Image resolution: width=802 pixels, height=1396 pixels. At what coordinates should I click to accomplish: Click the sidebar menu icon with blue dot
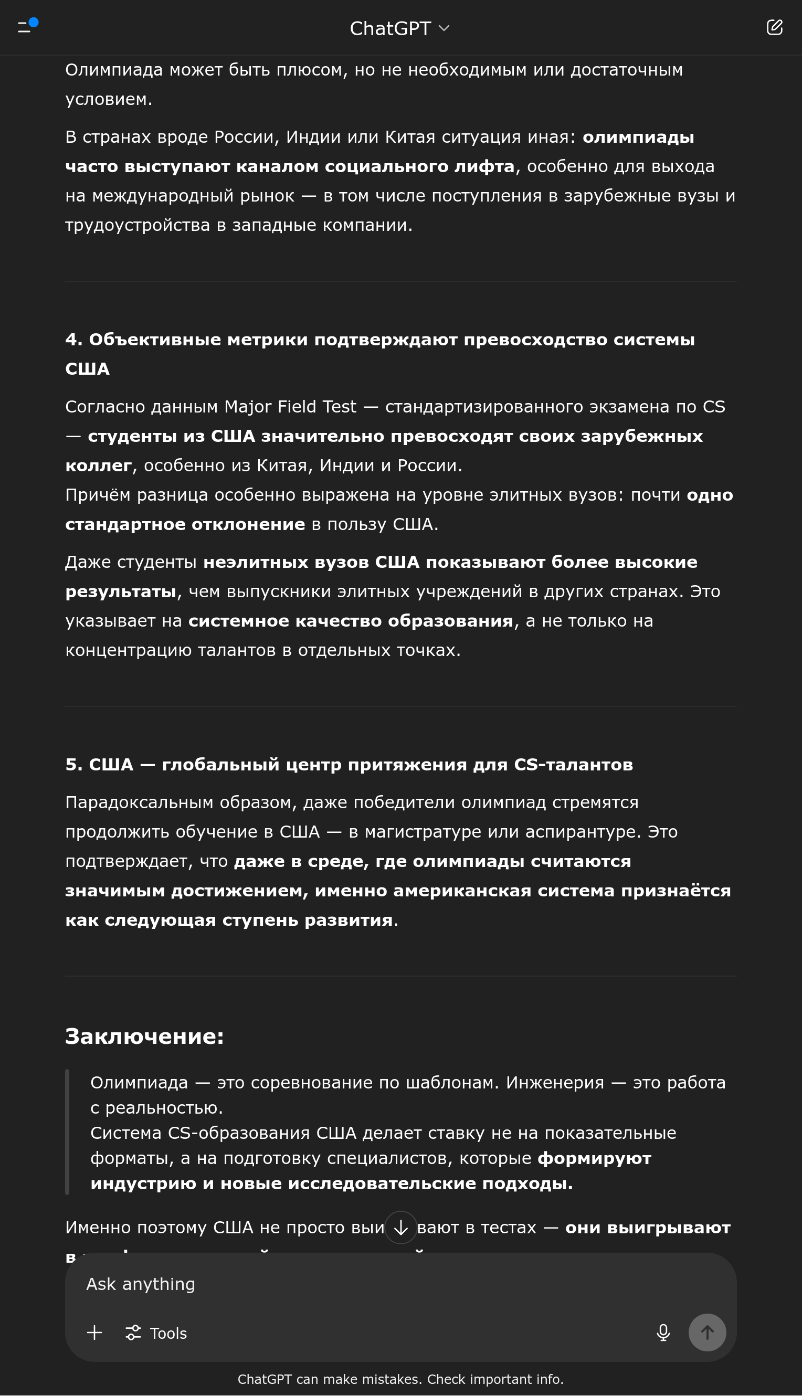27,26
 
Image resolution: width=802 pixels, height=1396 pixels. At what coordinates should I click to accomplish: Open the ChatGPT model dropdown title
400,28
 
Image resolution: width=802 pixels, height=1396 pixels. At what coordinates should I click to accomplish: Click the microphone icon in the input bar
663,1332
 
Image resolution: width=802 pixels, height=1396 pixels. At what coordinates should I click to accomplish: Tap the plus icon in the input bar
95,1332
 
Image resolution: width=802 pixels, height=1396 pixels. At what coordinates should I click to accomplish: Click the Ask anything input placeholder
141,1284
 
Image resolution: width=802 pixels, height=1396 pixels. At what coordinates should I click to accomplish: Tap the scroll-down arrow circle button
400,1228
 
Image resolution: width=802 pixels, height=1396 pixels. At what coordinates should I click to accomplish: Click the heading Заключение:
144,1037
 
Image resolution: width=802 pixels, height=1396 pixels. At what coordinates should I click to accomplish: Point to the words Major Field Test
290,407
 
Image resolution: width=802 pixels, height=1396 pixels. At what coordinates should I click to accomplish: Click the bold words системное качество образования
351,621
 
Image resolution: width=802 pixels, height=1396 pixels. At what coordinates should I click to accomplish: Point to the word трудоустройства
138,225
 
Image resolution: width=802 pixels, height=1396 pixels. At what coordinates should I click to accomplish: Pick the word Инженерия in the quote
555,1083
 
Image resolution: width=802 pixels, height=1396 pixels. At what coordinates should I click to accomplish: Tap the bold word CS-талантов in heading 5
573,765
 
